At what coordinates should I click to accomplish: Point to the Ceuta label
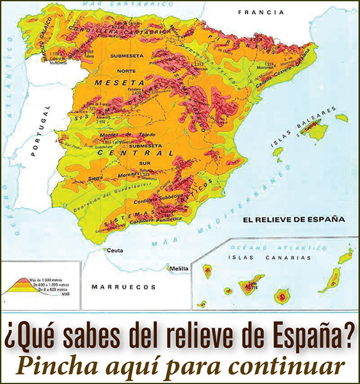[115, 250]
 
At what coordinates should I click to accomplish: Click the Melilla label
[178, 269]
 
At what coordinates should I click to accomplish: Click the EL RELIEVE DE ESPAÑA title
[293, 219]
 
